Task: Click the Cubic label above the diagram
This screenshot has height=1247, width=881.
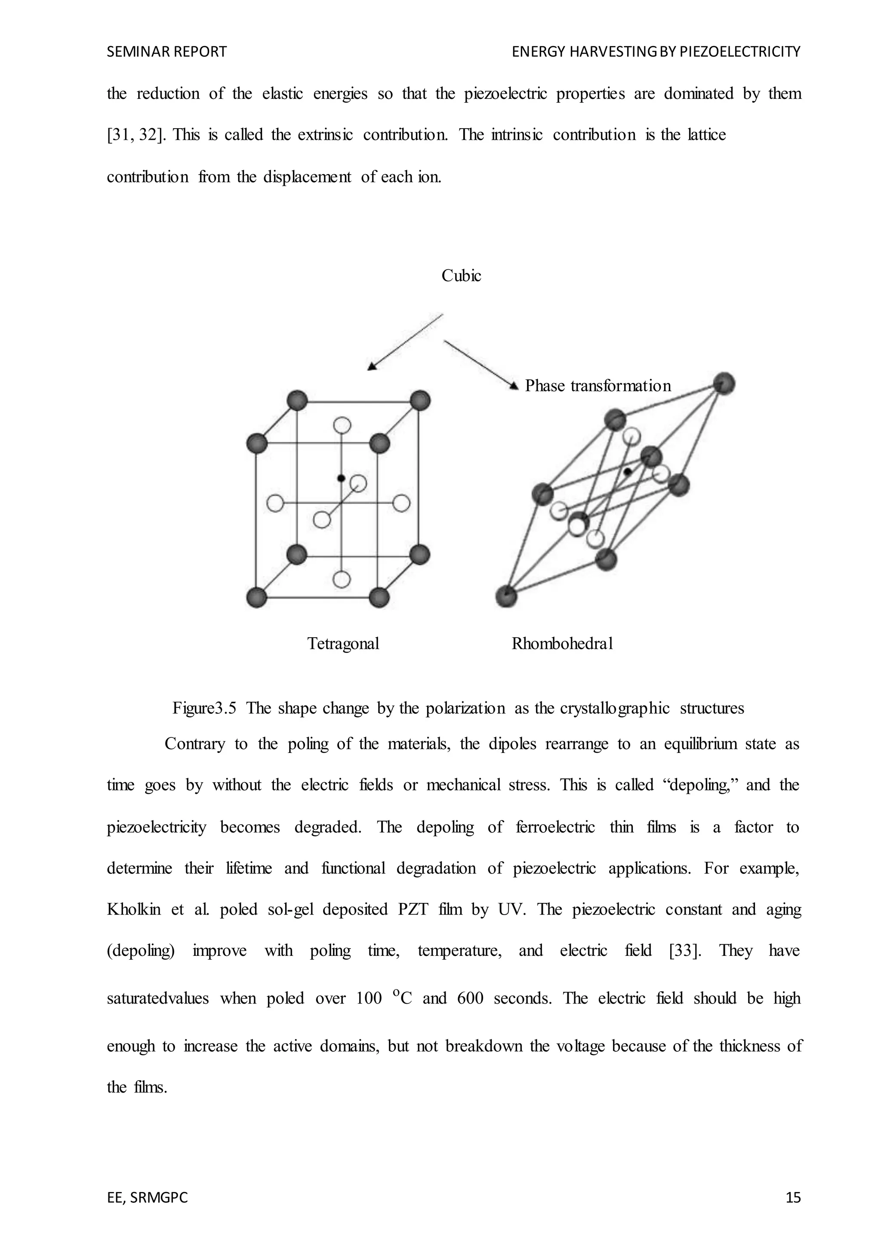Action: coord(461,276)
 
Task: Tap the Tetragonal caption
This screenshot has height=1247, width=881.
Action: coord(343,644)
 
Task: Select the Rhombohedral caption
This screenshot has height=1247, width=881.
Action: coord(562,644)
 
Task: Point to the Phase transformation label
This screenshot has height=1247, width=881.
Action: coord(597,386)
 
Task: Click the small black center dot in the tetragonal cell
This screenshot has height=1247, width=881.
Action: coord(341,478)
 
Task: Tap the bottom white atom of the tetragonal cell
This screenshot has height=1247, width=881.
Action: coord(341,580)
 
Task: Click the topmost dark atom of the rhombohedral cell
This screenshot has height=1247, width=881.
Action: coord(724,384)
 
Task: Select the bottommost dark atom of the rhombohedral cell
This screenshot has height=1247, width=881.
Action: coord(506,596)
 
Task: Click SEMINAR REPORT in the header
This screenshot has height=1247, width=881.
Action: coord(167,52)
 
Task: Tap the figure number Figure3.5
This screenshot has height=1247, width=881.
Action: coord(204,708)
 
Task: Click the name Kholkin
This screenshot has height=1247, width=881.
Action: coord(134,909)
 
